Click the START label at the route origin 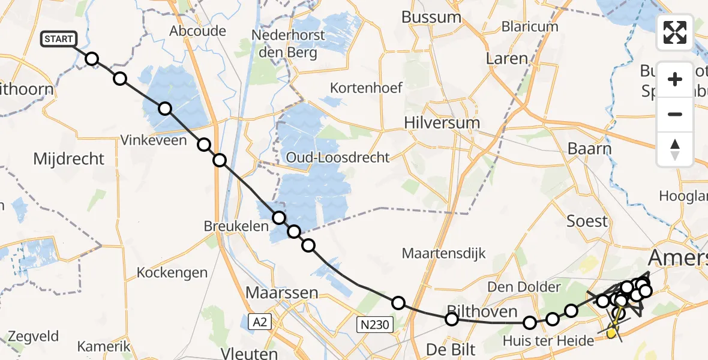point(58,40)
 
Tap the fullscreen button point(675,32)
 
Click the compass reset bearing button point(675,149)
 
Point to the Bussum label point(431,17)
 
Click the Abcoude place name point(197,31)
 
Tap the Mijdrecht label point(69,159)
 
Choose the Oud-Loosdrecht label point(338,158)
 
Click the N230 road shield point(374,325)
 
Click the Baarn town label point(590,149)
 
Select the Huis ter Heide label point(549,340)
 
